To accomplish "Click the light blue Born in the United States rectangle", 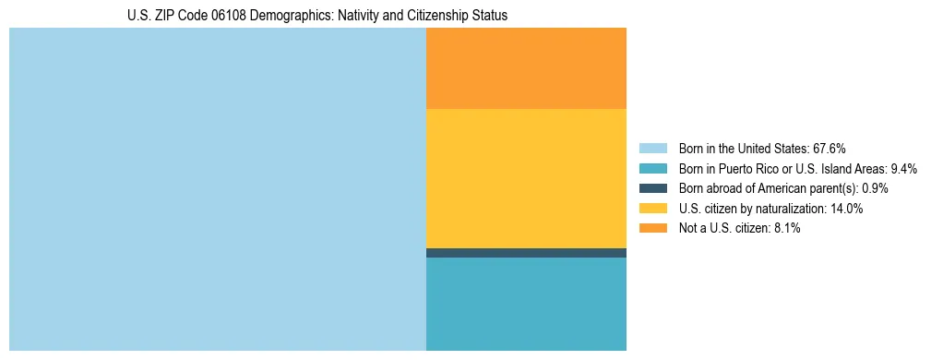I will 217,189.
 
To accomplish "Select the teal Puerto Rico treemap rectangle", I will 526,304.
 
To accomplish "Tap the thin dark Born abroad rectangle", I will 526,253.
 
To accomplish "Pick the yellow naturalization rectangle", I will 526,178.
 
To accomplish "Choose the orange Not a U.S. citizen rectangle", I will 526,68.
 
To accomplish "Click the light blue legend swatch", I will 652,149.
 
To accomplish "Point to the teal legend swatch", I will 652,169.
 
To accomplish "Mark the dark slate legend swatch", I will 652,188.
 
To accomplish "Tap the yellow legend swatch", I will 652,209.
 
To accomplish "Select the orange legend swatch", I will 652,229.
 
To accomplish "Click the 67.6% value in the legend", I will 829,149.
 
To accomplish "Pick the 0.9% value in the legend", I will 876,188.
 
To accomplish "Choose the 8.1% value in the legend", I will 786,229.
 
